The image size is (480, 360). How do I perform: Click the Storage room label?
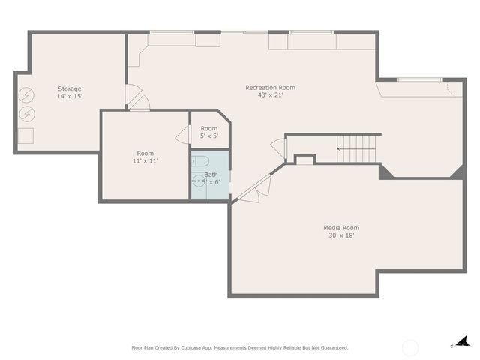(x=70, y=88)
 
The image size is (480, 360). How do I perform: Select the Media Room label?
(x=341, y=228)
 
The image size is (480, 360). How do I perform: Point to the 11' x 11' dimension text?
(x=145, y=160)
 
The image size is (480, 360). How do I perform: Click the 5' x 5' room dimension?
(x=208, y=136)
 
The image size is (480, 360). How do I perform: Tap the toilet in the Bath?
(x=199, y=160)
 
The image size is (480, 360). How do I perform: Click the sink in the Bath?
(x=198, y=181)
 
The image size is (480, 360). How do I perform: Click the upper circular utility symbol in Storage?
(x=26, y=96)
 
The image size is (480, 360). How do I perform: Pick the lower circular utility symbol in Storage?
(x=26, y=114)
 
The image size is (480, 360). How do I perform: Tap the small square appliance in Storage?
(x=25, y=136)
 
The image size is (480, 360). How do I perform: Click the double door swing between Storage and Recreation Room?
(x=136, y=97)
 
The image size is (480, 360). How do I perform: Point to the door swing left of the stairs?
(x=278, y=148)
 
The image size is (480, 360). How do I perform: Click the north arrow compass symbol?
(x=462, y=342)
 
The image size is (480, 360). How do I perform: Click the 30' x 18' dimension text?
(x=341, y=235)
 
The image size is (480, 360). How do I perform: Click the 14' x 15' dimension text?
(x=70, y=96)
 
